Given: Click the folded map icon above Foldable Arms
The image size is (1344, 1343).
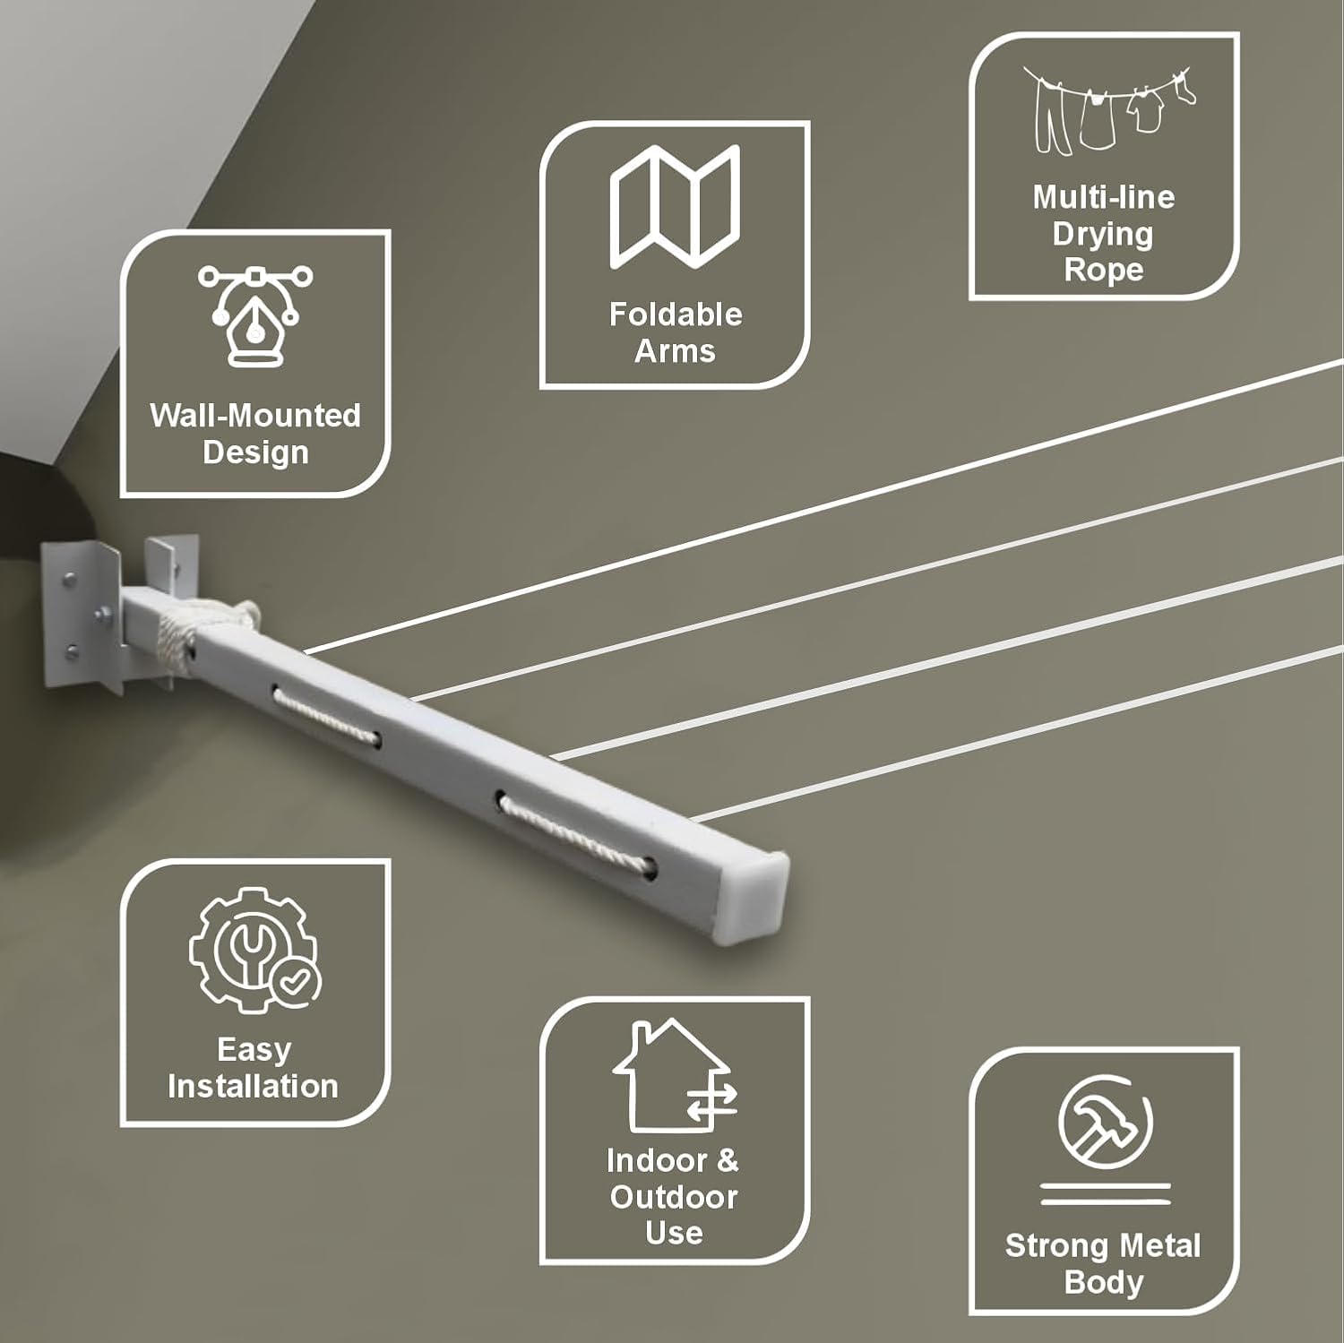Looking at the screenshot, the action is coord(676,207).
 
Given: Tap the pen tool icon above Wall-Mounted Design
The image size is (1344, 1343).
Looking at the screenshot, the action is coord(255,315).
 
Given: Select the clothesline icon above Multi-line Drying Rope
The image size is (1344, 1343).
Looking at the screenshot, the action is coord(1108,109).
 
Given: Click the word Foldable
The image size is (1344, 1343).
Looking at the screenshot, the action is coord(676,314).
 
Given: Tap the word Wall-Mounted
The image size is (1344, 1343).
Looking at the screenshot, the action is coord(255,416).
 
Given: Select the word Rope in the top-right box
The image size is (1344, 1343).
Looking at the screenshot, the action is coord(1104,270).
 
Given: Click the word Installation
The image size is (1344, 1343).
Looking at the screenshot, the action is coord(254,1086).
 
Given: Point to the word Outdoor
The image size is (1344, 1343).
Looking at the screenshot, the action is coord(674,1197).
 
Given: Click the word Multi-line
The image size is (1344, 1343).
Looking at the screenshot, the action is coord(1104,197).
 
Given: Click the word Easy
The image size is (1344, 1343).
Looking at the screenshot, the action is coord(254,1050).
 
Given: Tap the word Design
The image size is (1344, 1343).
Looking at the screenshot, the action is coord(255,452).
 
